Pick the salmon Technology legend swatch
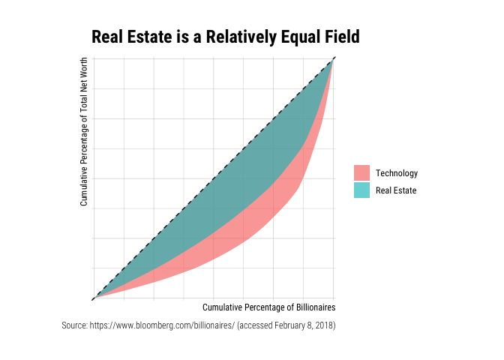point(362,173)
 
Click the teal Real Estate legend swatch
point(362,190)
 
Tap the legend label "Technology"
point(397,173)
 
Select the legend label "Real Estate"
point(396,190)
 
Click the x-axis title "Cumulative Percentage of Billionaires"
point(268,307)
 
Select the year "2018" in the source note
point(324,325)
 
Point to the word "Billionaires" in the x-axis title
point(315,307)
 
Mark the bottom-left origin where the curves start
point(94,298)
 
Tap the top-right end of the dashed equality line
point(333,58)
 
